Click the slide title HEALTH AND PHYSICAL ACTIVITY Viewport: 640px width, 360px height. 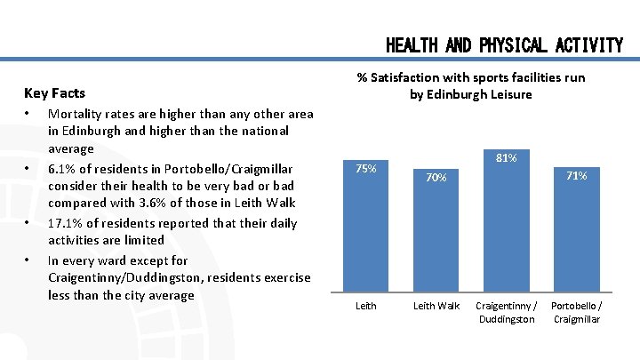504,45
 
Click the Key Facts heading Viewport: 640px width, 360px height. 55,92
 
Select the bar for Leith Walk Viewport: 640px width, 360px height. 436,236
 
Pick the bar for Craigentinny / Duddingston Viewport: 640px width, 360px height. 506,222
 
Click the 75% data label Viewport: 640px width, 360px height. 366,168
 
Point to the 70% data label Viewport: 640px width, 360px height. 436,178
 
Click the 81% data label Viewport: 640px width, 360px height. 507,157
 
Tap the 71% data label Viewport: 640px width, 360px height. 576,176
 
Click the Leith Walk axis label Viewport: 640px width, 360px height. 436,306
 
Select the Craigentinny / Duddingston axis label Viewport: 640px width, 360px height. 506,312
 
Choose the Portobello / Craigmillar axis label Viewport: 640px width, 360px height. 575,312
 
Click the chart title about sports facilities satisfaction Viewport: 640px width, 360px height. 470,85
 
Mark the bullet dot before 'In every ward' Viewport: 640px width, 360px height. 28,260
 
